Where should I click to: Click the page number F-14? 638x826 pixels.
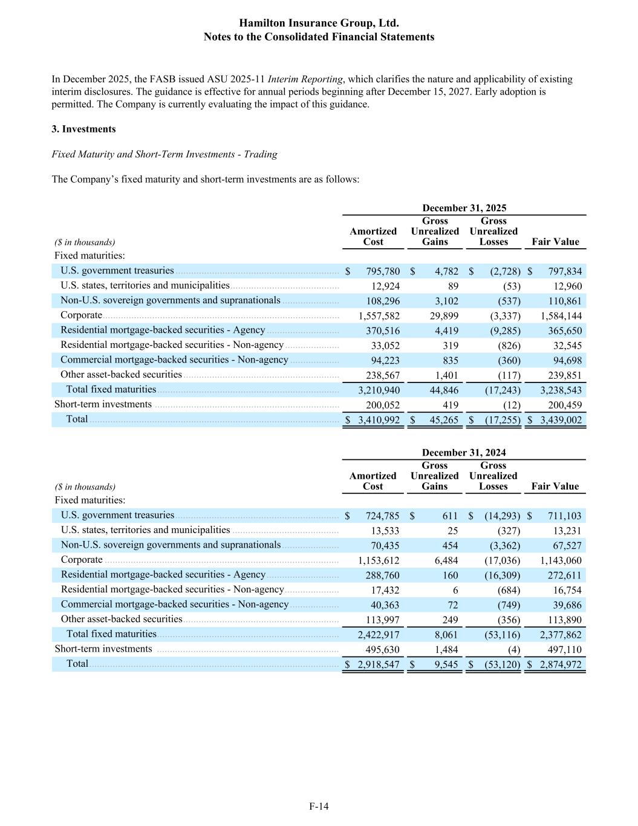click(x=319, y=806)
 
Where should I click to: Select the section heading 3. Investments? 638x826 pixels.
click(x=83, y=129)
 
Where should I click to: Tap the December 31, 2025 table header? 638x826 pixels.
click(x=464, y=208)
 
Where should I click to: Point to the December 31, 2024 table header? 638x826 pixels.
click(x=464, y=452)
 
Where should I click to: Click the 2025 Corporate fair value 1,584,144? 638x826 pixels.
click(x=561, y=316)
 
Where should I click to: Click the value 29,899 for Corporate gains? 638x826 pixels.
click(x=444, y=316)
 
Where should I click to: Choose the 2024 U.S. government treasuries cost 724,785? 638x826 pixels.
click(x=382, y=516)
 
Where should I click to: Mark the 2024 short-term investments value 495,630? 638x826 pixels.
click(x=382, y=649)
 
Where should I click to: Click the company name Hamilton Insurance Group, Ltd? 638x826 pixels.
click(x=319, y=24)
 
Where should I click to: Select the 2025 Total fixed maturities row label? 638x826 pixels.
click(x=111, y=390)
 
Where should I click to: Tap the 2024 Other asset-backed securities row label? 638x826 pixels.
click(x=121, y=619)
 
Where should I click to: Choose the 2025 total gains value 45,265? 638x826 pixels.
click(x=444, y=420)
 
